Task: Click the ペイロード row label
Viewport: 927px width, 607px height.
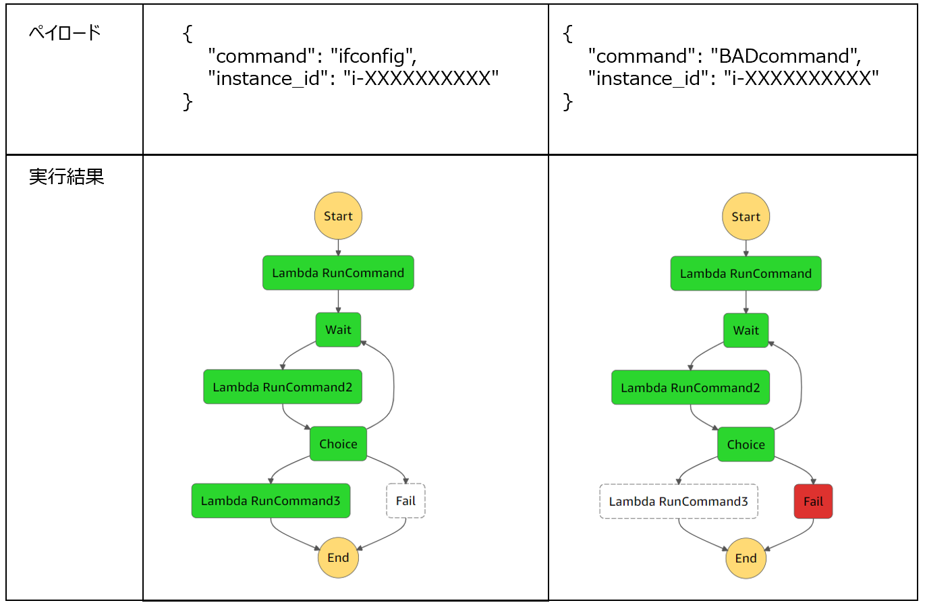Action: (x=65, y=32)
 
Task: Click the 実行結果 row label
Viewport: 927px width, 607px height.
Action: (x=66, y=177)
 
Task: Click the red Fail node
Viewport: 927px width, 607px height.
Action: (x=813, y=501)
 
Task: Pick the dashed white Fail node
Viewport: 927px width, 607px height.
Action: (x=405, y=500)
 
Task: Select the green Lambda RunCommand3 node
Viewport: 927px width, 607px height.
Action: (x=271, y=500)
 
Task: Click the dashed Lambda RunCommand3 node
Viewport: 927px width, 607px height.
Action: (x=678, y=501)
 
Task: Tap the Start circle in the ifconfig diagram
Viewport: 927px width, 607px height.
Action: (x=338, y=216)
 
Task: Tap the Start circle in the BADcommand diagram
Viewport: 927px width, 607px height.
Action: (x=746, y=216)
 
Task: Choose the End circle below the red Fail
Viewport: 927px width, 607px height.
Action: (x=746, y=558)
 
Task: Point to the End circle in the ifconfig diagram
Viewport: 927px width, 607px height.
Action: (x=338, y=557)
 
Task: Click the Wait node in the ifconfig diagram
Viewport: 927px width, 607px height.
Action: (x=338, y=330)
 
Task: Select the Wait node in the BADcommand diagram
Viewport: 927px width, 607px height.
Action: (x=746, y=330)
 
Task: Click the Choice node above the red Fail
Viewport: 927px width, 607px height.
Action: (x=746, y=444)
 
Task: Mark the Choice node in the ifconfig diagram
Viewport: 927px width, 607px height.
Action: (x=338, y=444)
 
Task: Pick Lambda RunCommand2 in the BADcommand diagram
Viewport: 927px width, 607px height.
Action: (x=690, y=388)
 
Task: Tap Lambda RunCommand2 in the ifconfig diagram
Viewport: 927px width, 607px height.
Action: (x=283, y=387)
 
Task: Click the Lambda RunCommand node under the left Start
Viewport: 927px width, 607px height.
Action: (x=338, y=273)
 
